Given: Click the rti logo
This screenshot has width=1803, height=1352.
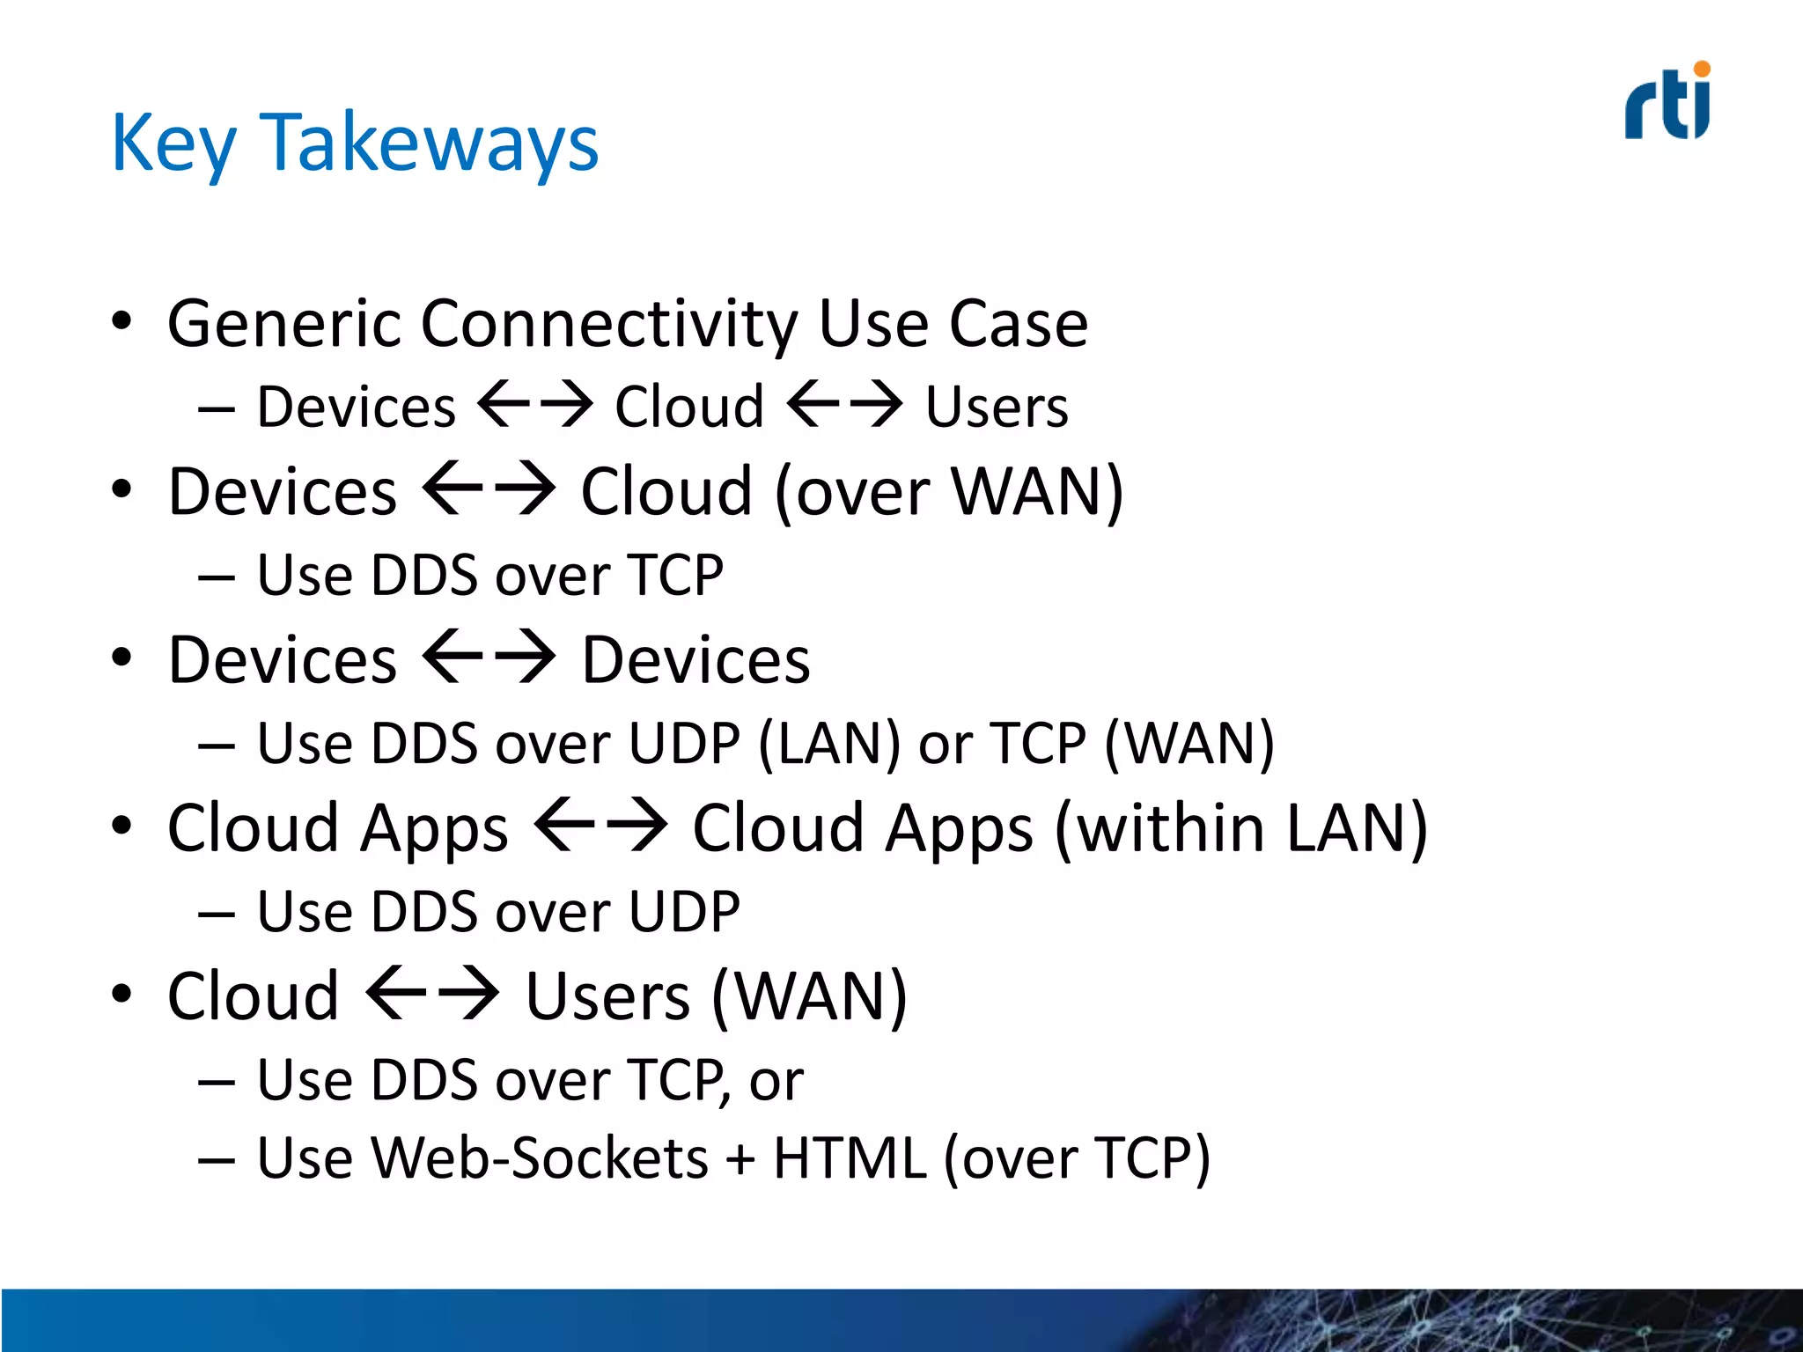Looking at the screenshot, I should pyautogui.click(x=1667, y=102).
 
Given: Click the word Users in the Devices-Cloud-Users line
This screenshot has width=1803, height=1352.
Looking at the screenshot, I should pyautogui.click(x=997, y=408).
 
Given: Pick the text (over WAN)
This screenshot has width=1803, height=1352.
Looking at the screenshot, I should pyautogui.click(x=949, y=491).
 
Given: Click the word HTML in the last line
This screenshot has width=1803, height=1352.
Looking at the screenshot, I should pyautogui.click(x=850, y=1157).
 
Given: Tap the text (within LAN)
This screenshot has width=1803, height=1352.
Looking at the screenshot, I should pyautogui.click(x=1240, y=828).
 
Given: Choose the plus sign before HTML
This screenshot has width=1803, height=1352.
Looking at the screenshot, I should pyautogui.click(x=741, y=1159).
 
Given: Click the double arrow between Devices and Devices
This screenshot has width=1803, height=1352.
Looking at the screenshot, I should pyautogui.click(x=489, y=658).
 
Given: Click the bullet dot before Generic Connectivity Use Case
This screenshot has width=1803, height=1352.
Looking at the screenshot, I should pyautogui.click(x=121, y=321).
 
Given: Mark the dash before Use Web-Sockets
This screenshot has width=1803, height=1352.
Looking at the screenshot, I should pyautogui.click(x=217, y=1161).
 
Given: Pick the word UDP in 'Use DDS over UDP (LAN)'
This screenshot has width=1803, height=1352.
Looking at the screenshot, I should pyautogui.click(x=684, y=744).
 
